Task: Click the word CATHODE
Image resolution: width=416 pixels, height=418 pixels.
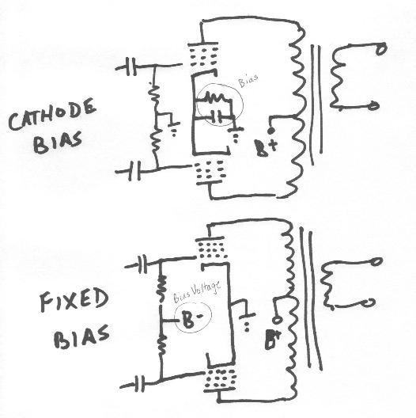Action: tap(52, 114)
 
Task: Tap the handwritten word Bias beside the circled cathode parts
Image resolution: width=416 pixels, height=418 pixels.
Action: tap(248, 80)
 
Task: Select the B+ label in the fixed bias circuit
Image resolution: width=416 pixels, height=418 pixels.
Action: tap(272, 339)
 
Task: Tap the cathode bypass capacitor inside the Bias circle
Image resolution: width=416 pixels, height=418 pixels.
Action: tap(217, 116)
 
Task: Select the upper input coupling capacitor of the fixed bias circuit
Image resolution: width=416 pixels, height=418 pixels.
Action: tap(143, 264)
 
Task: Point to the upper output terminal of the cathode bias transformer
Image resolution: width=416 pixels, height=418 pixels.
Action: tap(381, 49)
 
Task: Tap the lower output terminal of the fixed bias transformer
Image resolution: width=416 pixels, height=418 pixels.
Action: tap(369, 303)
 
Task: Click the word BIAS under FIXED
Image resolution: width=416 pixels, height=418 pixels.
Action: tap(81, 337)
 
